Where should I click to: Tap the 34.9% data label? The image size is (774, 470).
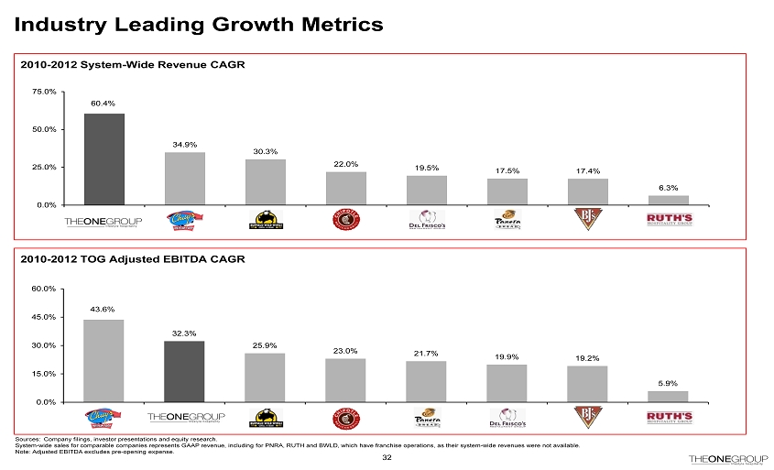point(185,143)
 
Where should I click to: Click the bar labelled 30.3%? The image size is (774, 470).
point(266,181)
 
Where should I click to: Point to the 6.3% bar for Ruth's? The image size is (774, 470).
point(669,200)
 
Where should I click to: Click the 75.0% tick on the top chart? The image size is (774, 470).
point(44,92)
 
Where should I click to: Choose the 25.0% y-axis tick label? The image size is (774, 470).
point(44,167)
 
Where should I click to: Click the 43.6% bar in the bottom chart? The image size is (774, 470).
point(104,360)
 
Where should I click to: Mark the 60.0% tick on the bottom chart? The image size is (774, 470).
point(44,289)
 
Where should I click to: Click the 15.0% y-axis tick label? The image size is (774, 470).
point(44,374)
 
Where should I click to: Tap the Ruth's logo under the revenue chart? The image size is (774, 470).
point(669,221)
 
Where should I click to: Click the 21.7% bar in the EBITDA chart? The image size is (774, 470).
point(427,381)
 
